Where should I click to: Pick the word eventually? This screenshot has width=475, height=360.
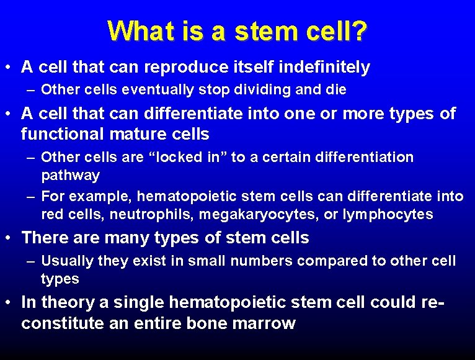(x=159, y=89)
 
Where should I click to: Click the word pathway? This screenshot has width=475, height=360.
(x=70, y=176)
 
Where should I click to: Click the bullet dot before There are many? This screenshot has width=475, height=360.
(x=11, y=238)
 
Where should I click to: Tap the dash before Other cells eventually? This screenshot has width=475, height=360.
(x=31, y=89)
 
